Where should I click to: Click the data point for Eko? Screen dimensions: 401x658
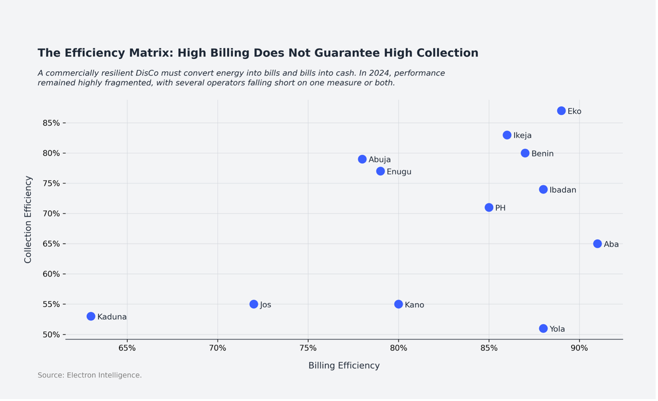[x=561, y=111]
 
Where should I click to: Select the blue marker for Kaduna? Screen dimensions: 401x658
[x=91, y=316]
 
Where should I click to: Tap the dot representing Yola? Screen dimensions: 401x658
[x=543, y=329]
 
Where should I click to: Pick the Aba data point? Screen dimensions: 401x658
[x=597, y=244]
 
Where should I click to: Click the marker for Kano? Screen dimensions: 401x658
[x=398, y=304]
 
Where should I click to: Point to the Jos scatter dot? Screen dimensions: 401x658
[x=253, y=304]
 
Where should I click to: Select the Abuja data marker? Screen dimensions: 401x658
[x=362, y=159]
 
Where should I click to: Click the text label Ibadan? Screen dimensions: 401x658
[x=562, y=190]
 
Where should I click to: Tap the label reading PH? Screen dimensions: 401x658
[x=500, y=208]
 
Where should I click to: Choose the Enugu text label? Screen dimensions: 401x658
[x=399, y=172]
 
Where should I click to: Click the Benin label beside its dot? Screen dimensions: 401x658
[x=542, y=154]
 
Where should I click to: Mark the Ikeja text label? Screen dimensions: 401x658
[x=522, y=136]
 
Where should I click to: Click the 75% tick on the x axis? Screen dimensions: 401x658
[x=308, y=348]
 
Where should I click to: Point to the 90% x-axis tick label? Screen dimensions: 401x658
[x=579, y=348]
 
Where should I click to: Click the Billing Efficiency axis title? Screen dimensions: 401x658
[x=344, y=365]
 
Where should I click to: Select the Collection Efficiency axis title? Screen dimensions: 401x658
[x=28, y=219]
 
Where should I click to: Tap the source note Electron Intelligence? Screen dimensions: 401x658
[x=104, y=375]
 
